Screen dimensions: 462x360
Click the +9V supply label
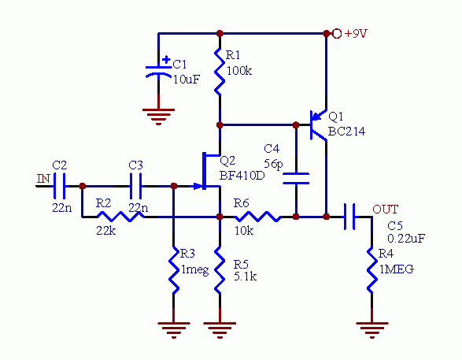356,34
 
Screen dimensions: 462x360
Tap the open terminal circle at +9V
337,34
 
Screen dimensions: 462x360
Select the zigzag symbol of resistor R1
220,72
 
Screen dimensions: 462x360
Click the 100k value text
239,71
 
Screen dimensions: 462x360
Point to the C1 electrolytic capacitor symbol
158,71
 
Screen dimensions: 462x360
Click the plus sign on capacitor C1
166,60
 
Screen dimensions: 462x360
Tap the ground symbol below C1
158,117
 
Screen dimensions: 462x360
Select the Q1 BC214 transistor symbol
319,124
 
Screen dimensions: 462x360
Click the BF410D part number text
242,176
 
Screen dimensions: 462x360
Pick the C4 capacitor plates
296,179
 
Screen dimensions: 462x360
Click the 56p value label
274,164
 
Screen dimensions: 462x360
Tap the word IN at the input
43,179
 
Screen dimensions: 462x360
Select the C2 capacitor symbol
59,186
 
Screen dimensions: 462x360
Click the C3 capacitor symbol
136,186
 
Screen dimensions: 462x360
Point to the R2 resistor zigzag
120,217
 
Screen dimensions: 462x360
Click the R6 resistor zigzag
257,217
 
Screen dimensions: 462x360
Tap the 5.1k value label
245,276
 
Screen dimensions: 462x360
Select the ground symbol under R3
173,330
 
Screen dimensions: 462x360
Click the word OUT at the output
386,210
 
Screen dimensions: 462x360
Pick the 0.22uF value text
406,238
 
